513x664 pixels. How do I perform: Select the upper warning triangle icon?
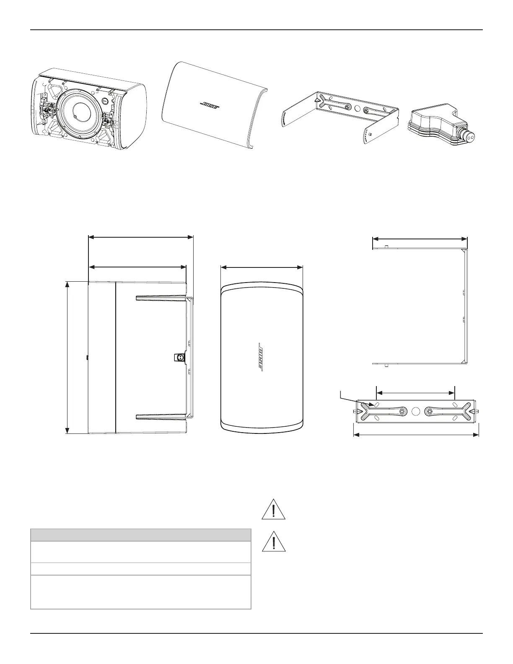(x=273, y=510)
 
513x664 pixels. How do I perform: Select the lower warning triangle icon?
(x=273, y=542)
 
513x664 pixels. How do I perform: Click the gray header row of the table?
(x=141, y=535)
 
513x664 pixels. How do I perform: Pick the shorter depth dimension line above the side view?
(x=137, y=267)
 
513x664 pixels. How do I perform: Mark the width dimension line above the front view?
(x=262, y=267)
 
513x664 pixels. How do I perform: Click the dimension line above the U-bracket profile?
(x=420, y=239)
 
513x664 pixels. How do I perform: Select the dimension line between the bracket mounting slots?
(x=415, y=393)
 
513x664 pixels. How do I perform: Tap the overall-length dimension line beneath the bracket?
(x=416, y=435)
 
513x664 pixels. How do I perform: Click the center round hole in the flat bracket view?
(x=415, y=411)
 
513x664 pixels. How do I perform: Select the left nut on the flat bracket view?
(x=402, y=412)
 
